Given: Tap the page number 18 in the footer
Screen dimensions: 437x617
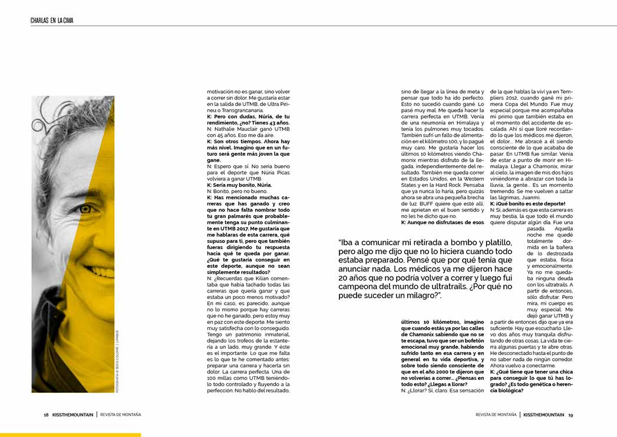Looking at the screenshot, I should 46,415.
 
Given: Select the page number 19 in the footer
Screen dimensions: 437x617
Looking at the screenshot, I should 570,415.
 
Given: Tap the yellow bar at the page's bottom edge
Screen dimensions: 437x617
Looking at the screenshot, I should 70,435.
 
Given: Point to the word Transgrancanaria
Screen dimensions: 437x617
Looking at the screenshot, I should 256,110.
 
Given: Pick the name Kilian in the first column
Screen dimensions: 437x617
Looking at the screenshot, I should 256,277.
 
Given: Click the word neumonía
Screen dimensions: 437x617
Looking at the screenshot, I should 431,123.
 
